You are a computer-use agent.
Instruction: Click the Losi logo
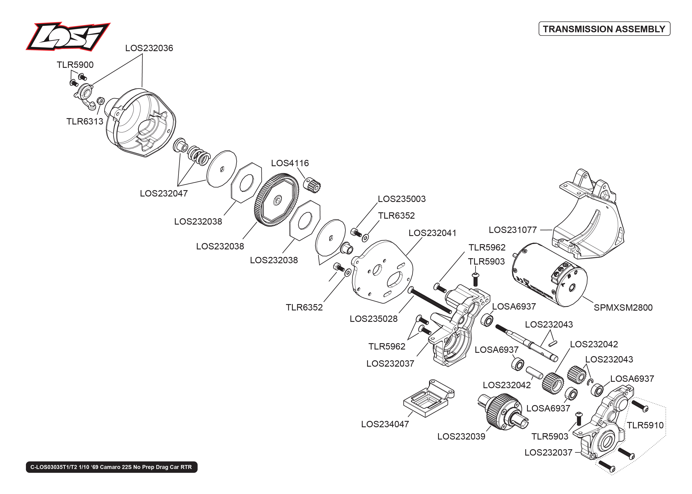[x=68, y=36]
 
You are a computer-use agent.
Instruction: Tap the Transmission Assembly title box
[x=604, y=29]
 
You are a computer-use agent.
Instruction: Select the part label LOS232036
[x=149, y=48]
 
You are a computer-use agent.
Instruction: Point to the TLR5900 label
[x=75, y=65]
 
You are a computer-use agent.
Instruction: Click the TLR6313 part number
[x=85, y=121]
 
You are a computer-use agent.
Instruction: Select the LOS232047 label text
[x=164, y=193]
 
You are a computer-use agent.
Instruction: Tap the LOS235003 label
[x=402, y=199]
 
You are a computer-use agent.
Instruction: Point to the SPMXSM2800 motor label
[x=623, y=308]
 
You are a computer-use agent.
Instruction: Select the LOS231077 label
[x=513, y=230]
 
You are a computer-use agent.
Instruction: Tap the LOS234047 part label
[x=385, y=424]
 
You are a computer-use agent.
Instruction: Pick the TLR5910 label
[x=645, y=425]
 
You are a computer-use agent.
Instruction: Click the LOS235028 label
[x=373, y=319]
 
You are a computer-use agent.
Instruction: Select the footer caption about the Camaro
[x=111, y=467]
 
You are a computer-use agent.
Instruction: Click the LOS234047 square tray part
[x=428, y=399]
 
